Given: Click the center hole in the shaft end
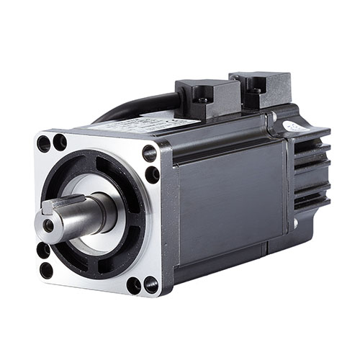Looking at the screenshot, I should coord(48,225).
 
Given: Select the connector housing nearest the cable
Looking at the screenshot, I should coord(207,99).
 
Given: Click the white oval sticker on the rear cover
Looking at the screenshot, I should coord(292,126).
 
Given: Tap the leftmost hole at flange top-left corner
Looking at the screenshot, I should coord(44,143).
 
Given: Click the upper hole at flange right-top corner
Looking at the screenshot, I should coord(149,153).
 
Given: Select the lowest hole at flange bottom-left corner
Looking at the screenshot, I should coord(46,271).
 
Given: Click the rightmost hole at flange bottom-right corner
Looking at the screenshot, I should coord(150,285).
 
